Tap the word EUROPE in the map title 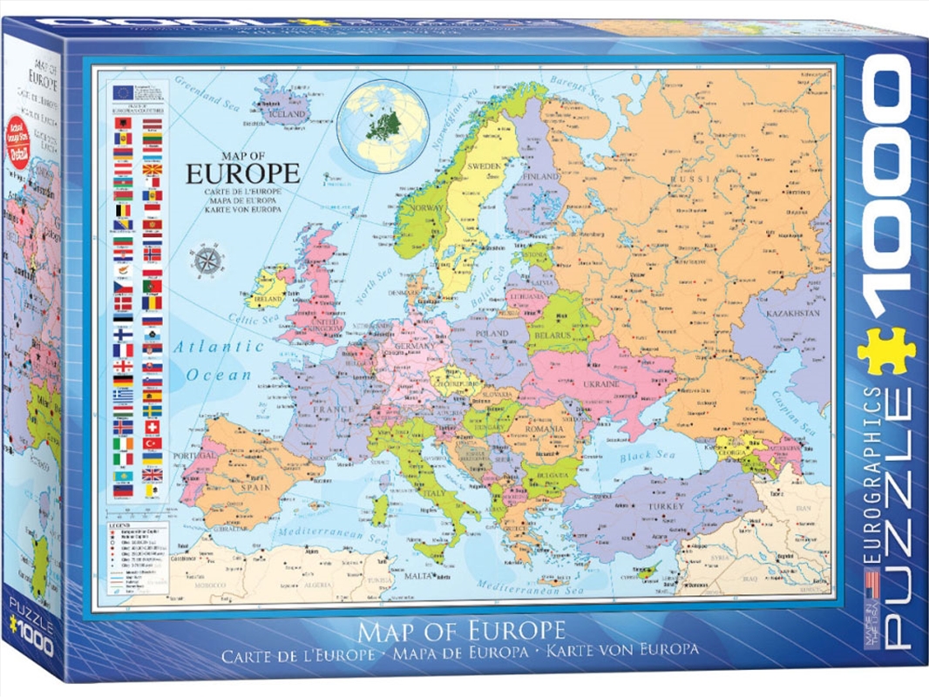[243, 172]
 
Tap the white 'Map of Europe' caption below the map [462, 628]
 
